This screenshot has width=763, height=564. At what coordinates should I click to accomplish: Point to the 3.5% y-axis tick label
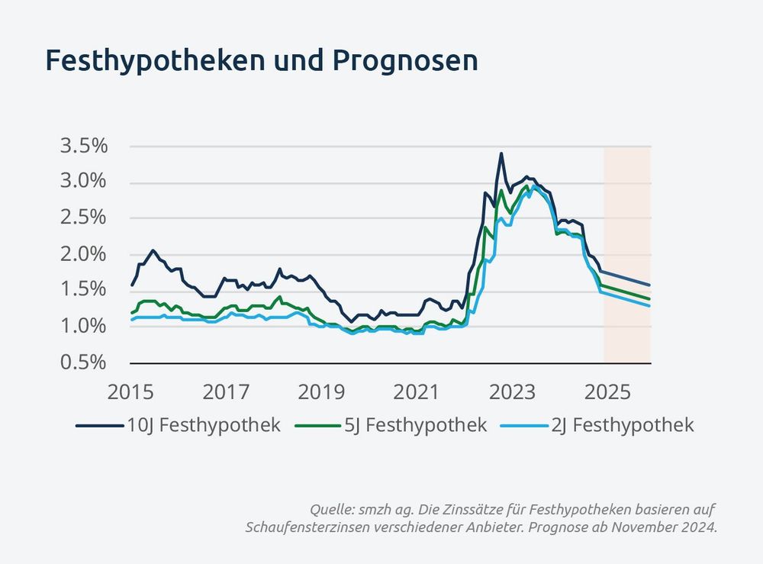[x=83, y=146]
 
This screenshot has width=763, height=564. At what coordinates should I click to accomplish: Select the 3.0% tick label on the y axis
[x=83, y=182]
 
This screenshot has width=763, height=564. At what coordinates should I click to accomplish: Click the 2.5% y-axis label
[x=83, y=218]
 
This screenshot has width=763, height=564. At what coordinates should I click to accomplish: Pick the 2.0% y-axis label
[x=83, y=254]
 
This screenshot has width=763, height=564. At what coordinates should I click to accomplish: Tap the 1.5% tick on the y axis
[x=83, y=290]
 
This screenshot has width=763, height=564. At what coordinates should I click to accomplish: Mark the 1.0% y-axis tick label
[x=83, y=326]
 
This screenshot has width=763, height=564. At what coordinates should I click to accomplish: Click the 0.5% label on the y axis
[x=83, y=362]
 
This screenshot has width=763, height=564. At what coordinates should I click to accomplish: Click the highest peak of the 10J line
[x=501, y=153]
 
